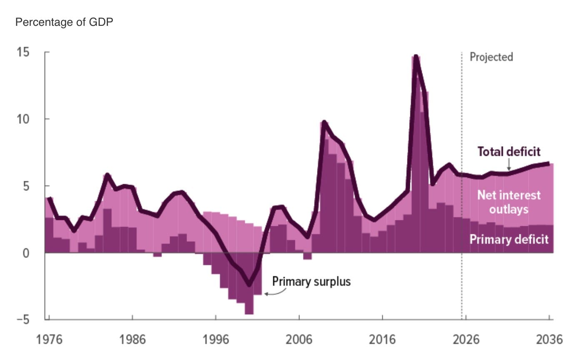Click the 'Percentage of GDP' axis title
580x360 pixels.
(64, 22)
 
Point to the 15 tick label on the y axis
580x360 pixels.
(23, 52)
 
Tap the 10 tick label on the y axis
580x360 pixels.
(23, 119)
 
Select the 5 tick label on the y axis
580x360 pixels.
(26, 186)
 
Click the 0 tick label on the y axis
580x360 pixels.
(26, 253)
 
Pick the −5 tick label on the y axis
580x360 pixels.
(23, 320)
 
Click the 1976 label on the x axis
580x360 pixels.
(49, 340)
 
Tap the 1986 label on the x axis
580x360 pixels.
(132, 340)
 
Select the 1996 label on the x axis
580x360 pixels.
(216, 340)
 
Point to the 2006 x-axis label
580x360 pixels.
(299, 340)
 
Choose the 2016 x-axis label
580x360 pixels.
(382, 340)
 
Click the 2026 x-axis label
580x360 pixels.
(466, 340)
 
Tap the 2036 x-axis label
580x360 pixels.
(550, 340)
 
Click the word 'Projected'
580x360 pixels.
(491, 57)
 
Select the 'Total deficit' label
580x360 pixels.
(509, 152)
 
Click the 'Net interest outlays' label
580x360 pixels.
(509, 202)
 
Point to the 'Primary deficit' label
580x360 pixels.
(509, 239)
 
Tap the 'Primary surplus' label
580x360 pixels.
(312, 282)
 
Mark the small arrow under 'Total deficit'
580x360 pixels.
(509, 164)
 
